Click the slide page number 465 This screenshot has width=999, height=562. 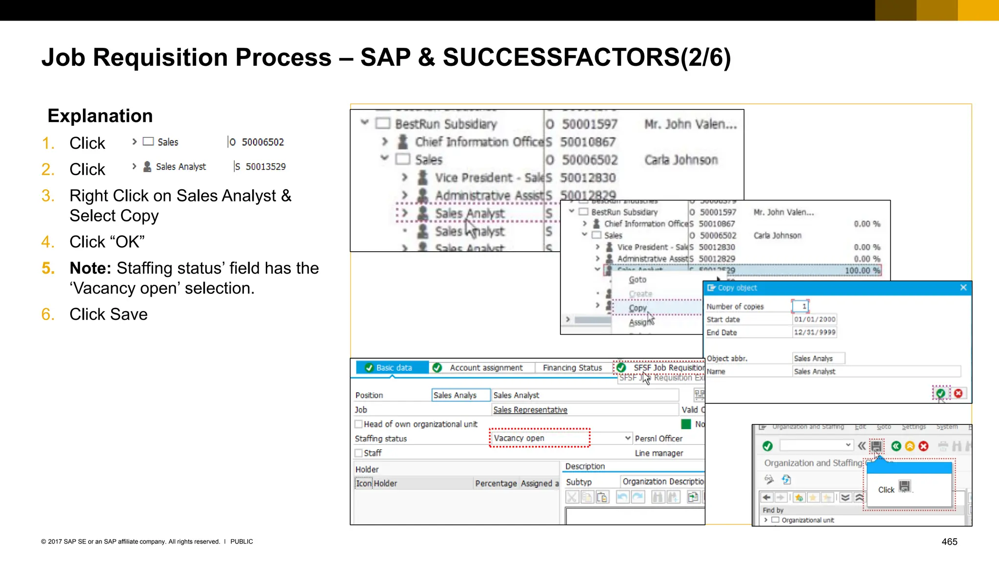(x=949, y=542)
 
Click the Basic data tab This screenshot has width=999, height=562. (x=393, y=367)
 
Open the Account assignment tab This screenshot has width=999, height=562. (x=485, y=367)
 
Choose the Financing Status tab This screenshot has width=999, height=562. (x=572, y=367)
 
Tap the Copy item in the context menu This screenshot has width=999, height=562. (x=638, y=308)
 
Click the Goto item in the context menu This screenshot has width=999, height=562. (x=638, y=280)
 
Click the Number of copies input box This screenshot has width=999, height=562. (x=800, y=306)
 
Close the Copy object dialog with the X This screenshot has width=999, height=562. (x=963, y=287)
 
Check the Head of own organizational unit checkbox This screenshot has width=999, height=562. (x=359, y=424)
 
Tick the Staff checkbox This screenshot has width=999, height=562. (x=359, y=453)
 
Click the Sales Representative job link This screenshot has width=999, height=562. (x=530, y=410)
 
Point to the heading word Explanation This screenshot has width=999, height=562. (x=100, y=116)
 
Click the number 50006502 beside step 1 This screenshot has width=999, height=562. (x=263, y=142)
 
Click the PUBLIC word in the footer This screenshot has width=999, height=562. (x=241, y=542)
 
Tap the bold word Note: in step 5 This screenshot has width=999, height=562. (x=91, y=268)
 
